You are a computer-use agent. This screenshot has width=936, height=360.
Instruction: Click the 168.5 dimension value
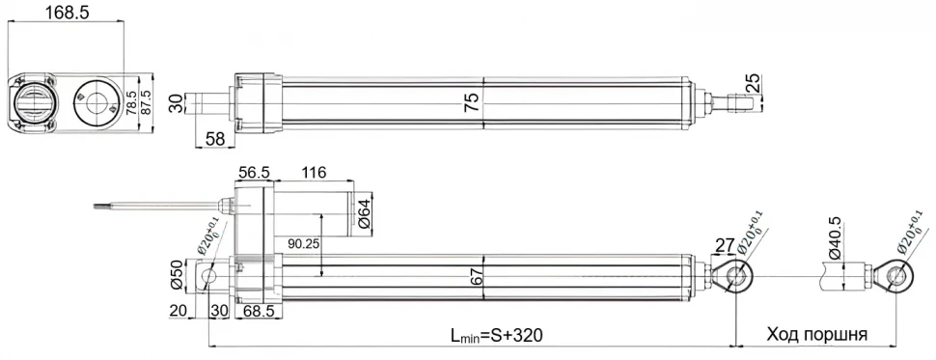pyautogui.click(x=65, y=13)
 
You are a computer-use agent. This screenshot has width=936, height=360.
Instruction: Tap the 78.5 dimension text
pyautogui.click(x=132, y=100)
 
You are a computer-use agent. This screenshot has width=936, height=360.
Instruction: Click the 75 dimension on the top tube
pyautogui.click(x=472, y=103)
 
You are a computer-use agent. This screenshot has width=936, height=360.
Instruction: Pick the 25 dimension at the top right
pyautogui.click(x=754, y=86)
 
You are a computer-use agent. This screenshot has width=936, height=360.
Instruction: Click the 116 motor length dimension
pyautogui.click(x=313, y=172)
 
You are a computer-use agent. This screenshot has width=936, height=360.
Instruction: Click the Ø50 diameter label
pyautogui.click(x=177, y=275)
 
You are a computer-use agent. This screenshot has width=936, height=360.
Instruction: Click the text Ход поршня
pyautogui.click(x=816, y=335)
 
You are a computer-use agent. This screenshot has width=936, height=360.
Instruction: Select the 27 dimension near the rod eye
pyautogui.click(x=724, y=243)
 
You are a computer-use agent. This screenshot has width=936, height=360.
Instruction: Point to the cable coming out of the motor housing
pyautogui.click(x=154, y=205)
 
